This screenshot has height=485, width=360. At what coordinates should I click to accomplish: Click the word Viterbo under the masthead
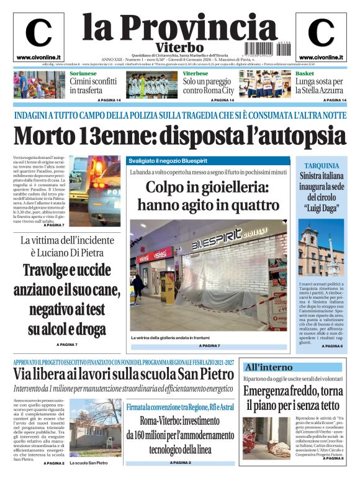point(179,47)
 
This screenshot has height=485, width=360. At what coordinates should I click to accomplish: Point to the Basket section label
point(305,73)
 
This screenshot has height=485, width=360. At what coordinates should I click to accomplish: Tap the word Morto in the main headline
point(47,137)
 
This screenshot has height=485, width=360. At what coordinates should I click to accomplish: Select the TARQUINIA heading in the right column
point(320,166)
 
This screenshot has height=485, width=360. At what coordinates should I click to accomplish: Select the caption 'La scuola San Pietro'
point(89,463)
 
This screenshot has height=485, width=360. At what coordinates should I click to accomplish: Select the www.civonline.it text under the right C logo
point(321,57)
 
